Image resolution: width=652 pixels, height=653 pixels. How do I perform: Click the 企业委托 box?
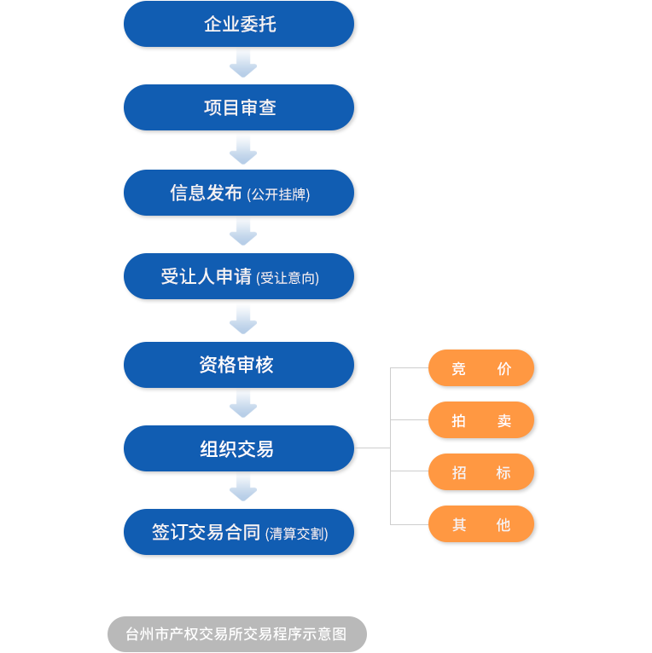[239, 24]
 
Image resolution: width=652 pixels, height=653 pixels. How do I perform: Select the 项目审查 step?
[239, 107]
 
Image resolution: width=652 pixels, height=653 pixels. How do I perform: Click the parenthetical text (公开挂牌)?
[278, 194]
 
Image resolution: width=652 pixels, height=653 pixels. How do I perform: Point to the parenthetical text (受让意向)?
[288, 278]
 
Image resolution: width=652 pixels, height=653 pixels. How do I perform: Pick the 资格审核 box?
[239, 365]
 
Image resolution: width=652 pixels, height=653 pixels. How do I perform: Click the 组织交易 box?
[239, 448]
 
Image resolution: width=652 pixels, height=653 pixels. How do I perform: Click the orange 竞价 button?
[481, 368]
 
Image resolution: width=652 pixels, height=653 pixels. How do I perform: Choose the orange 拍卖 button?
[481, 420]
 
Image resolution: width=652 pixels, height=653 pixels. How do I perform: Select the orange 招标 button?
[481, 472]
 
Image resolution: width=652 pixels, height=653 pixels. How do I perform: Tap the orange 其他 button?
[481, 524]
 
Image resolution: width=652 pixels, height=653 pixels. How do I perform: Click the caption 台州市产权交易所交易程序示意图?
[236, 634]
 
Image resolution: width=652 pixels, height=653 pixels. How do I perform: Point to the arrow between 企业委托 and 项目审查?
[243, 66]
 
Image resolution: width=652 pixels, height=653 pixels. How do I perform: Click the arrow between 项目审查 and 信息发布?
[243, 150]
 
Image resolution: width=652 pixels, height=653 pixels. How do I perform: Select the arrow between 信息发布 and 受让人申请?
[243, 234]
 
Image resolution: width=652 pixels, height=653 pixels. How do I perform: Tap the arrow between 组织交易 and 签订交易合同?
[243, 490]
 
